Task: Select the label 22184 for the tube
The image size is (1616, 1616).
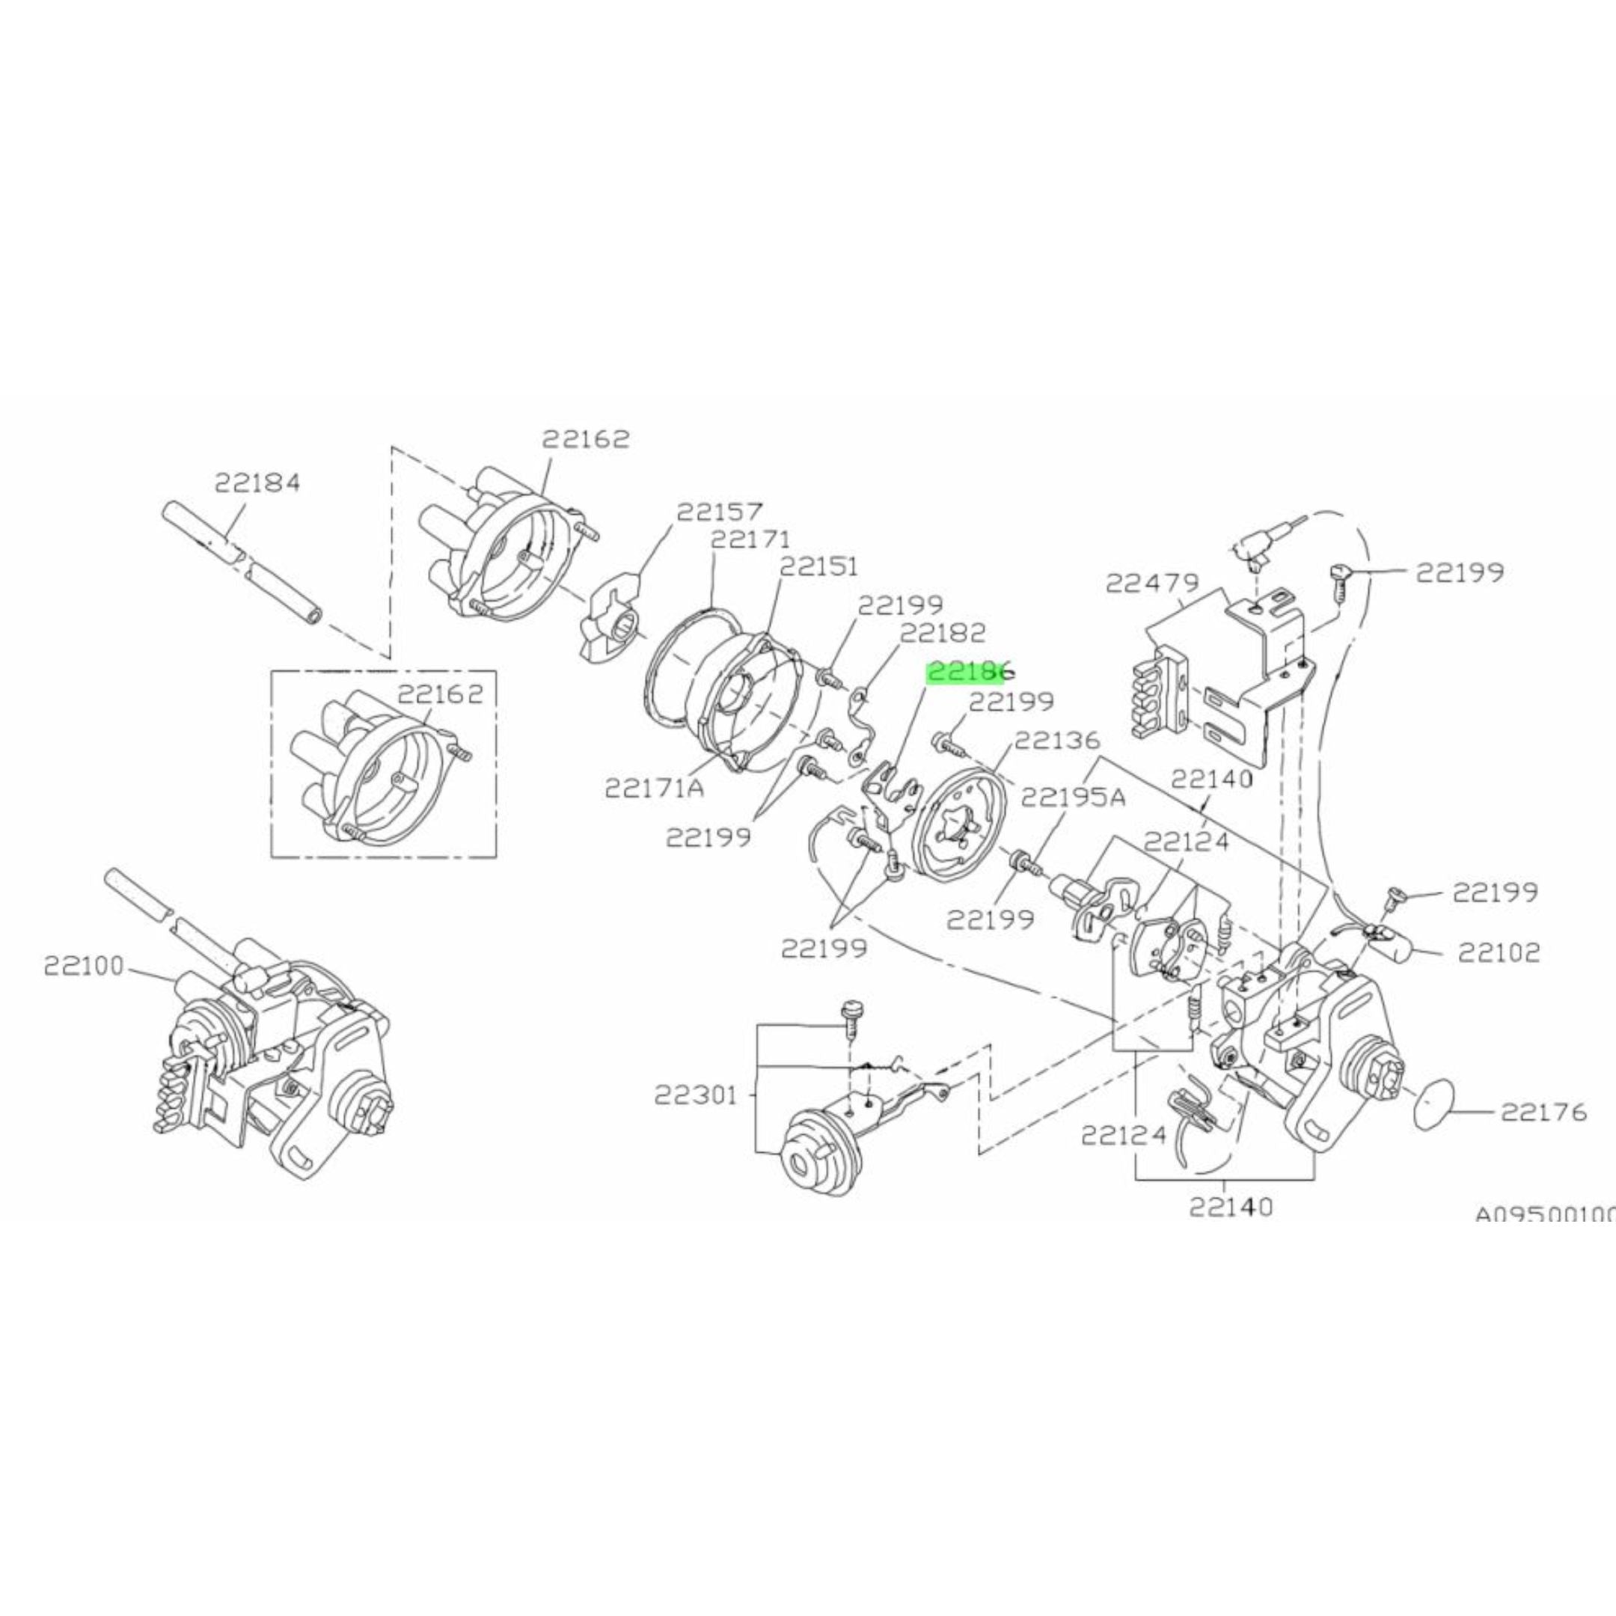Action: point(257,483)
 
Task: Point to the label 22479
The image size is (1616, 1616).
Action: point(1152,583)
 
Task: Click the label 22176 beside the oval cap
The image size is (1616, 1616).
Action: point(1543,1112)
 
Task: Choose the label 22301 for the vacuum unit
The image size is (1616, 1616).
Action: point(696,1095)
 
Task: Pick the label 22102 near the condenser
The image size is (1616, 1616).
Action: point(1498,952)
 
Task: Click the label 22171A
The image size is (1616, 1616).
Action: point(654,787)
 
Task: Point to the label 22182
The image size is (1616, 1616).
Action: point(942,632)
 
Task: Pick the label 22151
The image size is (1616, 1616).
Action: point(819,566)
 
